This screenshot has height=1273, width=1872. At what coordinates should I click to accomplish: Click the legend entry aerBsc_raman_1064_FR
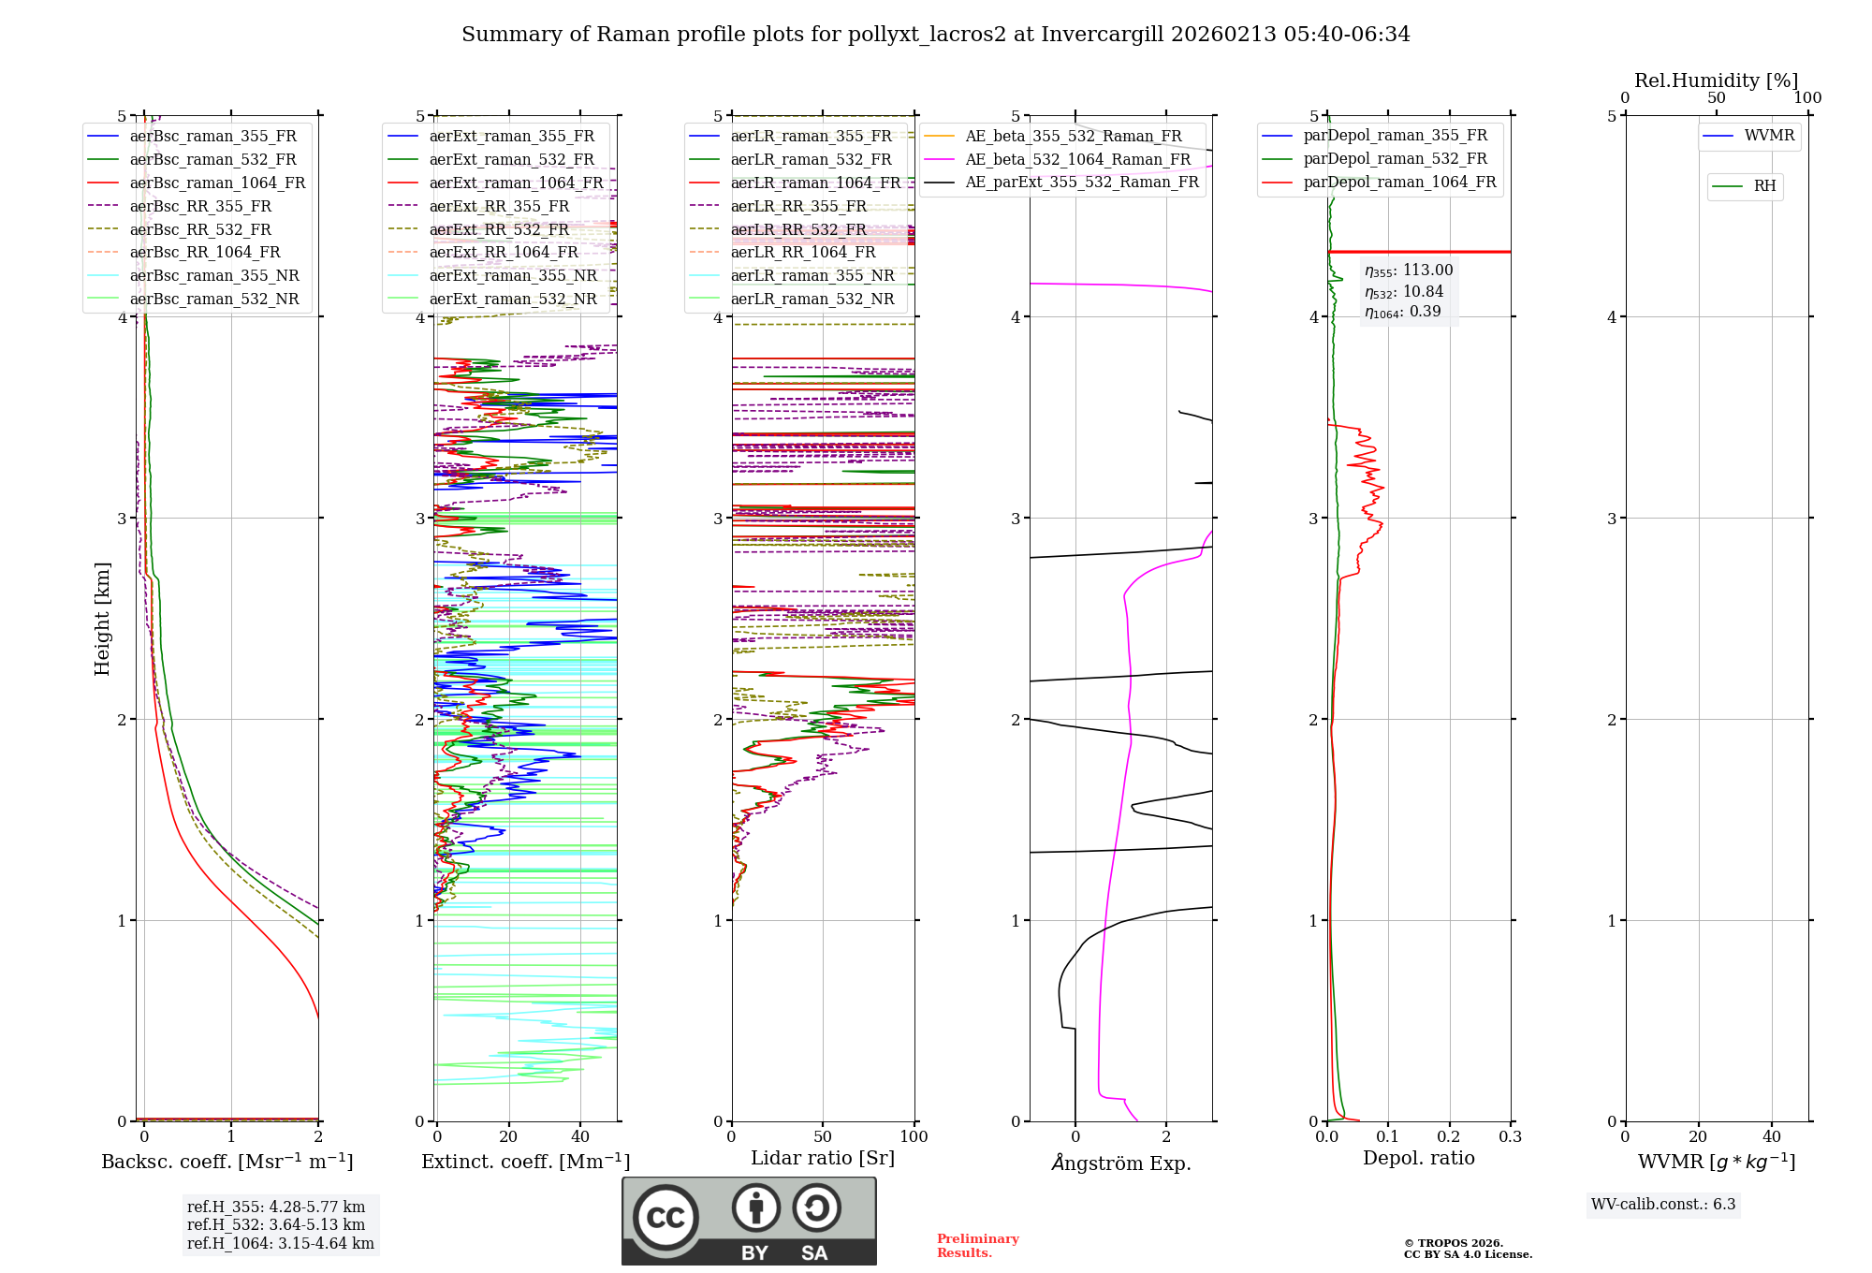pos(217,183)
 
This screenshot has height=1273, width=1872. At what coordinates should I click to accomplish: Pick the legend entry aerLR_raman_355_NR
pos(812,276)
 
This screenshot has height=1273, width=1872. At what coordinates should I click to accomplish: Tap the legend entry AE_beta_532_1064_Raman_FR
pos(1077,160)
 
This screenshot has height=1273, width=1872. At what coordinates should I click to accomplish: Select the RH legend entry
pos(1764,186)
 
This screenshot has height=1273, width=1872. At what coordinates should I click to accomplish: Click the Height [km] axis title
pos(102,619)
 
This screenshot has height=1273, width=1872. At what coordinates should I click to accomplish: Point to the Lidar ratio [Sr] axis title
pos(823,1159)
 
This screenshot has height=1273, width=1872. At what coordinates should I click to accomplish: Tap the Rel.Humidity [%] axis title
pos(1716,80)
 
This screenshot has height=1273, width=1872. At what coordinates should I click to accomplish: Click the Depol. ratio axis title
pos(1418,1159)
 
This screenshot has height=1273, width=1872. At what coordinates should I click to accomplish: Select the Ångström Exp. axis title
pos(1121,1163)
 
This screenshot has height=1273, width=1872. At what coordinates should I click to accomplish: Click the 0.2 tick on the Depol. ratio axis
pos(1449,1137)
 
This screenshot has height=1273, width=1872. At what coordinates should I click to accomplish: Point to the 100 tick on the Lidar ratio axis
pos(914,1137)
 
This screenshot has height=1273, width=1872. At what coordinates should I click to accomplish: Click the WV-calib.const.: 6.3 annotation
pos(1663,1205)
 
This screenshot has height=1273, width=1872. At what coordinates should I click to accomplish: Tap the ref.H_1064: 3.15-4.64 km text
pos(280,1244)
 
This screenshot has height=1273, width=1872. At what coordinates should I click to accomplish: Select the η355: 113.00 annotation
pos(1409,271)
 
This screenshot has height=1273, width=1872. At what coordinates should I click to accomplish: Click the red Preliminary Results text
pos(977,1246)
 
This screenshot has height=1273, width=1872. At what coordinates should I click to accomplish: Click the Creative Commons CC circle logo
pos(665,1218)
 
